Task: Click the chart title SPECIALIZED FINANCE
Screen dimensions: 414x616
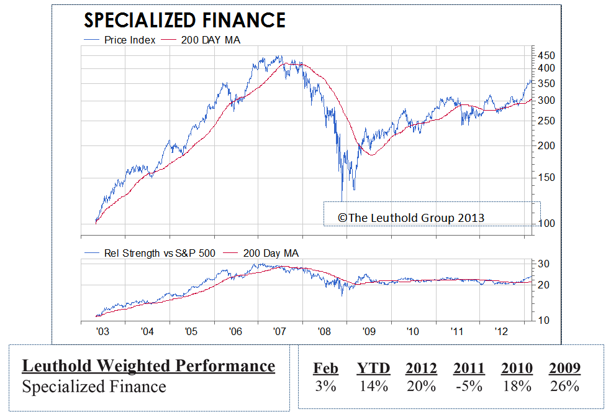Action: point(184,21)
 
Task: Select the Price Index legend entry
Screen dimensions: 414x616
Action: point(121,40)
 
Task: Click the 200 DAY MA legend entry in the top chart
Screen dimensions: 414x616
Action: point(202,40)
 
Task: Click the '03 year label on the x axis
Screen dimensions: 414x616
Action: point(103,331)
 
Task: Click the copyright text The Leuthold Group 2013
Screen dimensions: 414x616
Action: point(410,218)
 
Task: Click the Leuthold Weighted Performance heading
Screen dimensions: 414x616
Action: point(148,366)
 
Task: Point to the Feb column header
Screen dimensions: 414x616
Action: point(325,368)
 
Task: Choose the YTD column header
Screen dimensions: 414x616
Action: point(373,368)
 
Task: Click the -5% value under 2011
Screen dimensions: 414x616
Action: point(468,386)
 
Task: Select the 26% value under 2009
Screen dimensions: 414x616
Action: point(564,386)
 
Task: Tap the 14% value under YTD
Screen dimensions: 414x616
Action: point(373,386)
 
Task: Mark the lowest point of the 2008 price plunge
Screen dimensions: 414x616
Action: point(342,200)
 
